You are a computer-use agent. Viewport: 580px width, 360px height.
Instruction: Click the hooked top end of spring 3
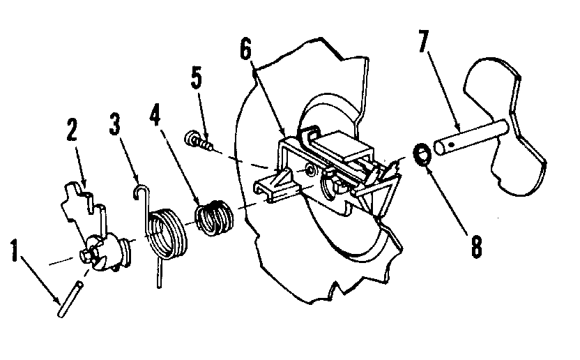pos(142,189)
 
